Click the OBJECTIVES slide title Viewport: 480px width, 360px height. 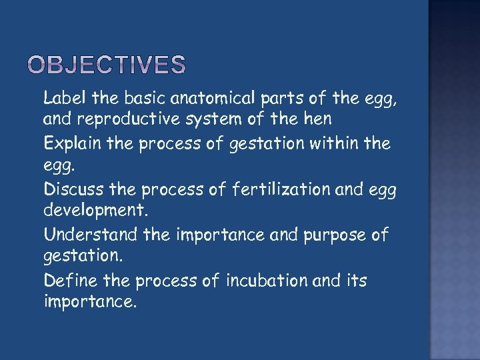pos(107,65)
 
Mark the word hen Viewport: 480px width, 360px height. pos(317,120)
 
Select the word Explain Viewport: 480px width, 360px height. pos(69,144)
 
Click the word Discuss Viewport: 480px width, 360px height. pos(70,189)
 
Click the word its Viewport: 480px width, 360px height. pos(356,280)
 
